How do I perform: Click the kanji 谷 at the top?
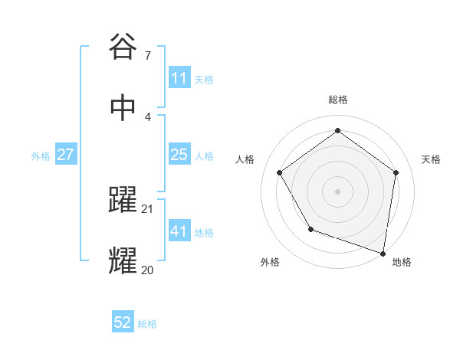tap(123, 47)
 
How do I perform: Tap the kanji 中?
tap(123, 108)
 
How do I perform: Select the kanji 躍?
tap(123, 201)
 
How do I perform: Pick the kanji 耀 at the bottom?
tap(123, 261)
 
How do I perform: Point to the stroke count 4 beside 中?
tap(147, 116)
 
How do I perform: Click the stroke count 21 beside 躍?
tap(148, 208)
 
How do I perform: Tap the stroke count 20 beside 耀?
tap(148, 270)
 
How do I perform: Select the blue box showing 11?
tap(179, 78)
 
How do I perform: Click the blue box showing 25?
tap(179, 155)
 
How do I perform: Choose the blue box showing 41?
tap(179, 231)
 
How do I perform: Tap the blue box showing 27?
tap(65, 155)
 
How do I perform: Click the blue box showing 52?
tap(123, 323)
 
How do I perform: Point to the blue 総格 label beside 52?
tap(147, 324)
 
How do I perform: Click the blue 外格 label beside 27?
tap(41, 155)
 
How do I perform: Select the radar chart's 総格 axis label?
tap(337, 100)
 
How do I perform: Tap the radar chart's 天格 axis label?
tap(431, 159)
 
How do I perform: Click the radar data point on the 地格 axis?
tap(383, 253)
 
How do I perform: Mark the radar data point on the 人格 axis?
tap(280, 172)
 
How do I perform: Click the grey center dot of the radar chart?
tap(337, 191)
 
